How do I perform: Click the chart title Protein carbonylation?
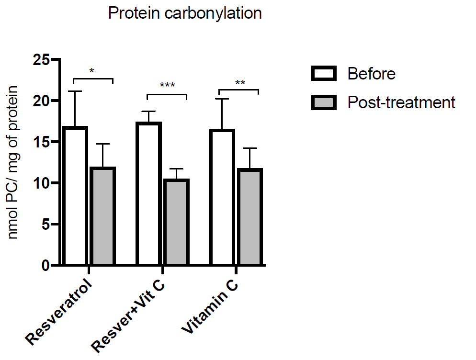(185, 13)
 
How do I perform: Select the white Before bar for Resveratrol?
(75, 196)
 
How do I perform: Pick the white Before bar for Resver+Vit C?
(148, 194)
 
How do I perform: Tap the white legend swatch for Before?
(324, 73)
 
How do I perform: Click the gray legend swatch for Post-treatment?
(324, 102)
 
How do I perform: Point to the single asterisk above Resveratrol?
(92, 71)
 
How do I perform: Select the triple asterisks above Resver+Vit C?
(167, 86)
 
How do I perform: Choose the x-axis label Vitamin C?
(211, 306)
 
